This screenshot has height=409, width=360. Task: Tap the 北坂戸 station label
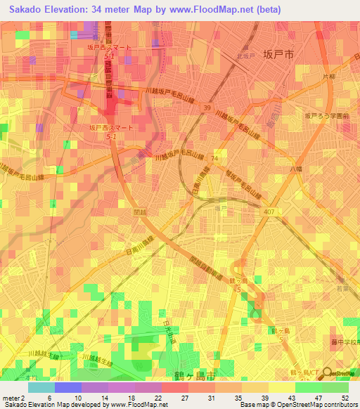[x=245, y=56]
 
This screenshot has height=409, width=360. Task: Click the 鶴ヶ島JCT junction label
[x=302, y=370]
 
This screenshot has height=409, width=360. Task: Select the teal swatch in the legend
[x=41, y=387]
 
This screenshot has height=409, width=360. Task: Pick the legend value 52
[x=345, y=398]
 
